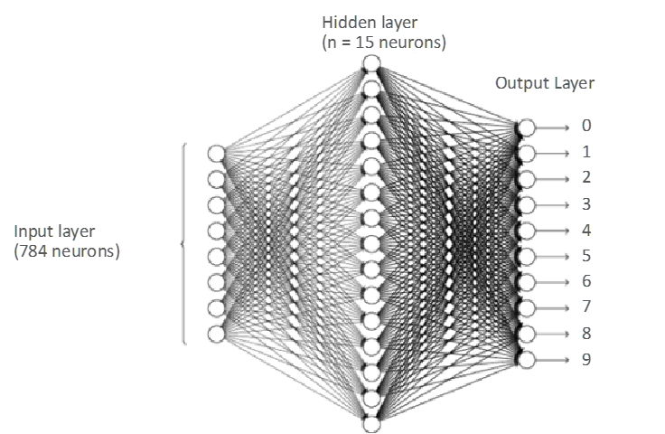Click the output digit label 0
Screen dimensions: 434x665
click(587, 127)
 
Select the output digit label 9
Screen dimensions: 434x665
click(587, 359)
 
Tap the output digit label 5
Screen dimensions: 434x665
click(587, 256)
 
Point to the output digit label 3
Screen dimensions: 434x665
click(587, 204)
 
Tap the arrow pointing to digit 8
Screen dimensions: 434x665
click(553, 334)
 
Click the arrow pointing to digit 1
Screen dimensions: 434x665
click(553, 153)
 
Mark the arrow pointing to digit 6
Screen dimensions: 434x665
click(553, 282)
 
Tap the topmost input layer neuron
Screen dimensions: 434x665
click(216, 152)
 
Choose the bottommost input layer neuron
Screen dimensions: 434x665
click(216, 334)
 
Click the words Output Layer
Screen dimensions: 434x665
click(545, 83)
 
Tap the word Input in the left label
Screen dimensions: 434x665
click(33, 233)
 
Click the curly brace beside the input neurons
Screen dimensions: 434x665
click(184, 242)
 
